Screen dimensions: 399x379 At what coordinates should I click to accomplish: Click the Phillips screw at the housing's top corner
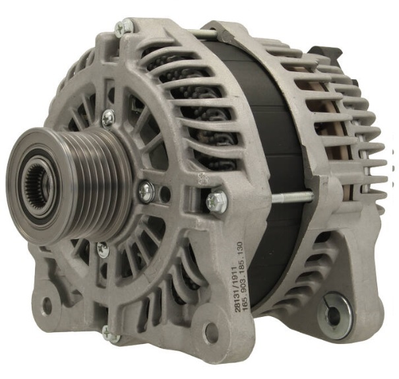pos(125,28)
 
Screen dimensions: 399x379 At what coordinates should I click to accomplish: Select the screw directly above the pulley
pos(108,118)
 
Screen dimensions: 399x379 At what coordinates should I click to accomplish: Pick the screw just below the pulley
pos(104,249)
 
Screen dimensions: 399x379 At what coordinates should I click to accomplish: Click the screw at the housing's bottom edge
pos(110,333)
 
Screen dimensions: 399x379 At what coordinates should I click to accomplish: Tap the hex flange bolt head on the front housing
pos(217,201)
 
